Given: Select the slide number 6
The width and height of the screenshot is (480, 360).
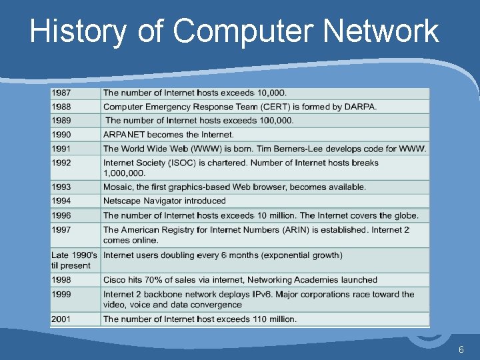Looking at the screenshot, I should click(461, 350).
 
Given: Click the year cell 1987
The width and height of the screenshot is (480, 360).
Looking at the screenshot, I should click(63, 93).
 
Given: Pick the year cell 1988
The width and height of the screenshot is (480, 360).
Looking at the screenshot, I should click(63, 107).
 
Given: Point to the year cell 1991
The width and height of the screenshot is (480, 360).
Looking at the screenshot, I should click(63, 149).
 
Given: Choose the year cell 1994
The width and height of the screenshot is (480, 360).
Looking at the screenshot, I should click(63, 201).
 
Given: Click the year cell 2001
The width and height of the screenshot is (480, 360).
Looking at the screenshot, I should click(63, 319).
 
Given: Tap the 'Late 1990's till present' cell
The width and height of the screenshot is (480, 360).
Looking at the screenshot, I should click(74, 260).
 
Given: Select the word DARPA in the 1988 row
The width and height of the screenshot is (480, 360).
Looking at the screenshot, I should click(360, 107).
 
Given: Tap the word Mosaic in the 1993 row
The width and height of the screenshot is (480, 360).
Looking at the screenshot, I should click(118, 187).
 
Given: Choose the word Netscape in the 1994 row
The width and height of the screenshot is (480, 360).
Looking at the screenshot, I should click(123, 201).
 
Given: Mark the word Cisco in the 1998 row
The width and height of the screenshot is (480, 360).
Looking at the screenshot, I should click(115, 280).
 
